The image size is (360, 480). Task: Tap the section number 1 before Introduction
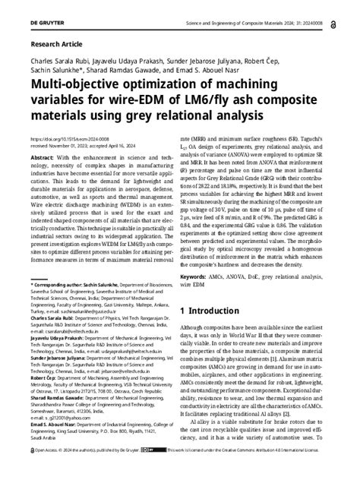click(182, 311)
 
